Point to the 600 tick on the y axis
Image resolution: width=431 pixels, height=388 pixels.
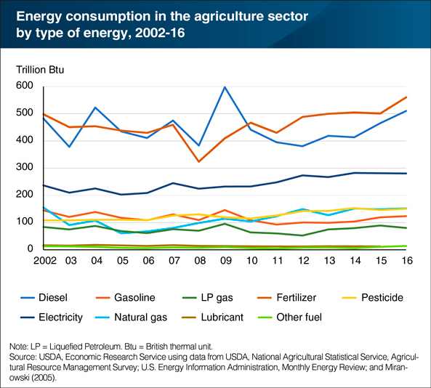pos(25,86)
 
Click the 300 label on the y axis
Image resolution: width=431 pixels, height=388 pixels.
pos(25,168)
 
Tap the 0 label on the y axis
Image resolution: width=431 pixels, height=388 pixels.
pos(31,249)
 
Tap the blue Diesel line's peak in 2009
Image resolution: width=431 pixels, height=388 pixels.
pos(225,87)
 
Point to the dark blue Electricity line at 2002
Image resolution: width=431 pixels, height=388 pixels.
pos(44,185)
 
